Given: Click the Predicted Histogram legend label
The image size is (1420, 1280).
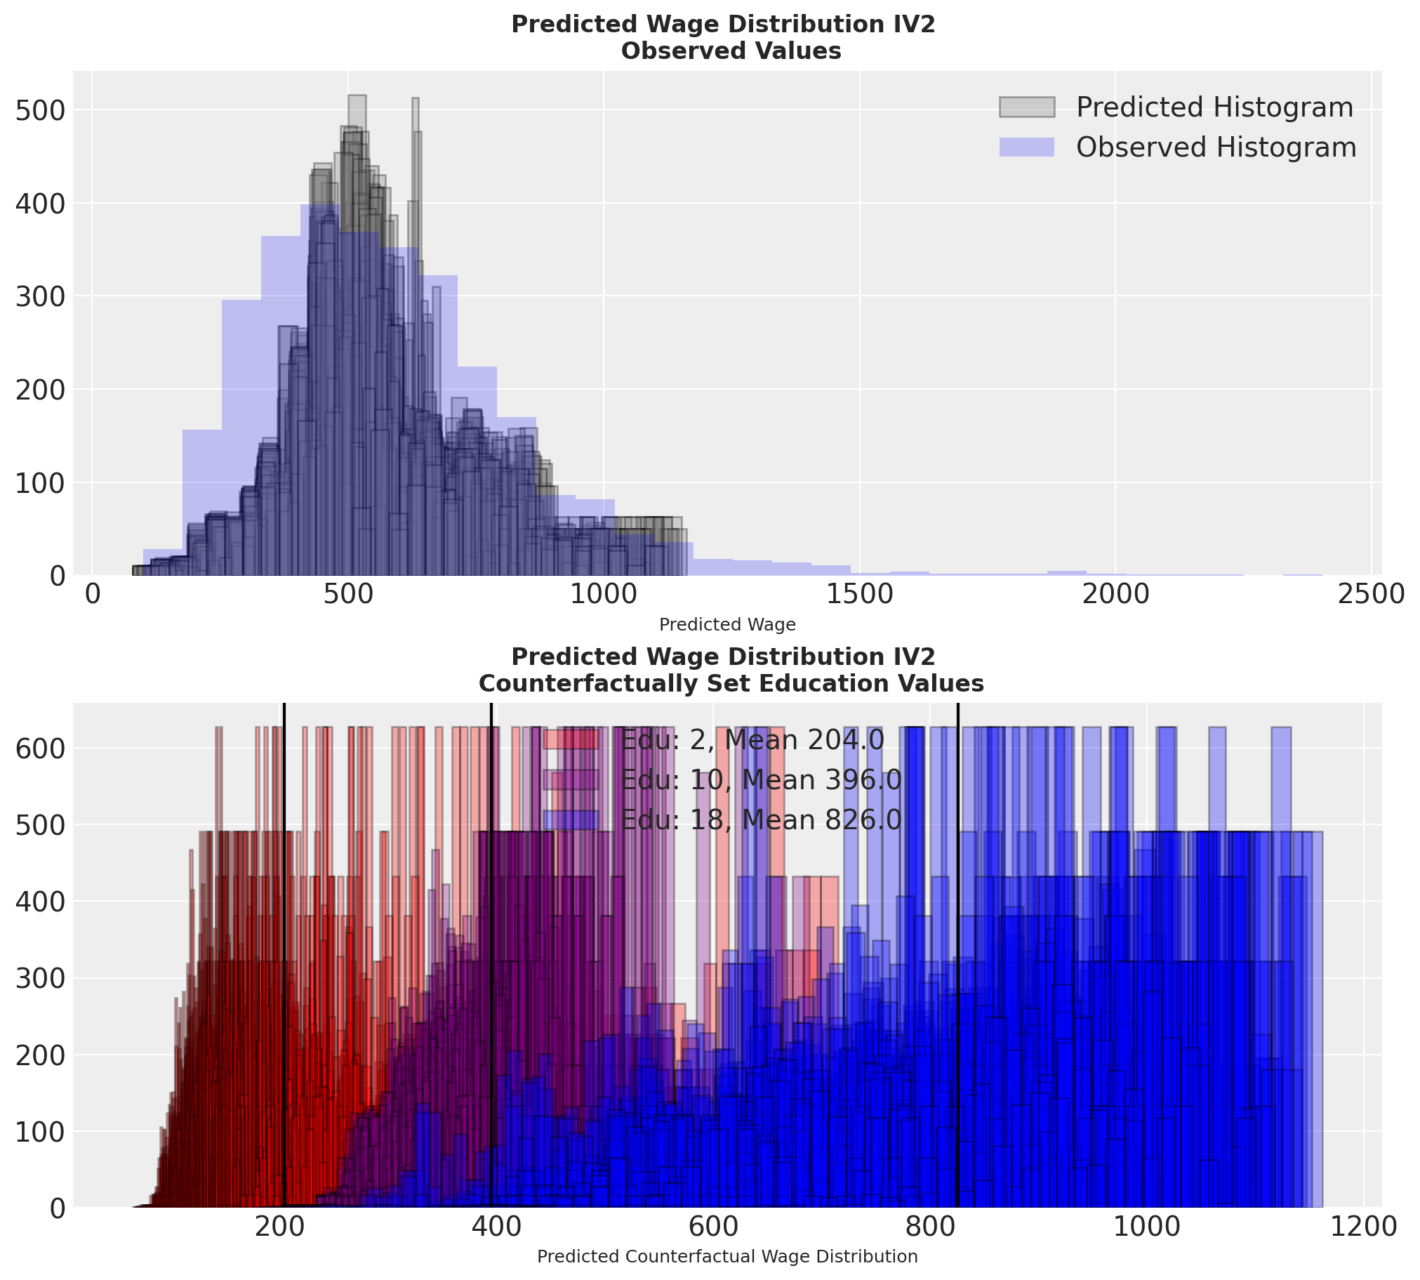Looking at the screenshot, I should coord(1215,107).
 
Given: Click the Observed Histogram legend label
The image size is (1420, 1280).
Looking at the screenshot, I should coord(1216,147).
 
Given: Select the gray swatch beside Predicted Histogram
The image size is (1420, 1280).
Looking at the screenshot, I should coord(1026,107).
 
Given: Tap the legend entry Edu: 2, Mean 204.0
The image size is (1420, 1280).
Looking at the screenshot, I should coord(752,740).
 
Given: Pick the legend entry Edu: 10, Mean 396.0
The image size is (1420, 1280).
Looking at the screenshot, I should coord(761,780).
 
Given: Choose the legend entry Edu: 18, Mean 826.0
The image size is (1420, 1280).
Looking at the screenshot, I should coord(761,820).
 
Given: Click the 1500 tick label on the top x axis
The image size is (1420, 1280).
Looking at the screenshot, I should coord(859,594).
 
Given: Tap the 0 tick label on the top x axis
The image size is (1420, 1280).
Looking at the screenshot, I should coord(92,594).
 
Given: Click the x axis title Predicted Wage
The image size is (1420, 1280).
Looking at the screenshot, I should coord(727,624).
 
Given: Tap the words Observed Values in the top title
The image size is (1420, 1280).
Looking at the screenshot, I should coord(731,51).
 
